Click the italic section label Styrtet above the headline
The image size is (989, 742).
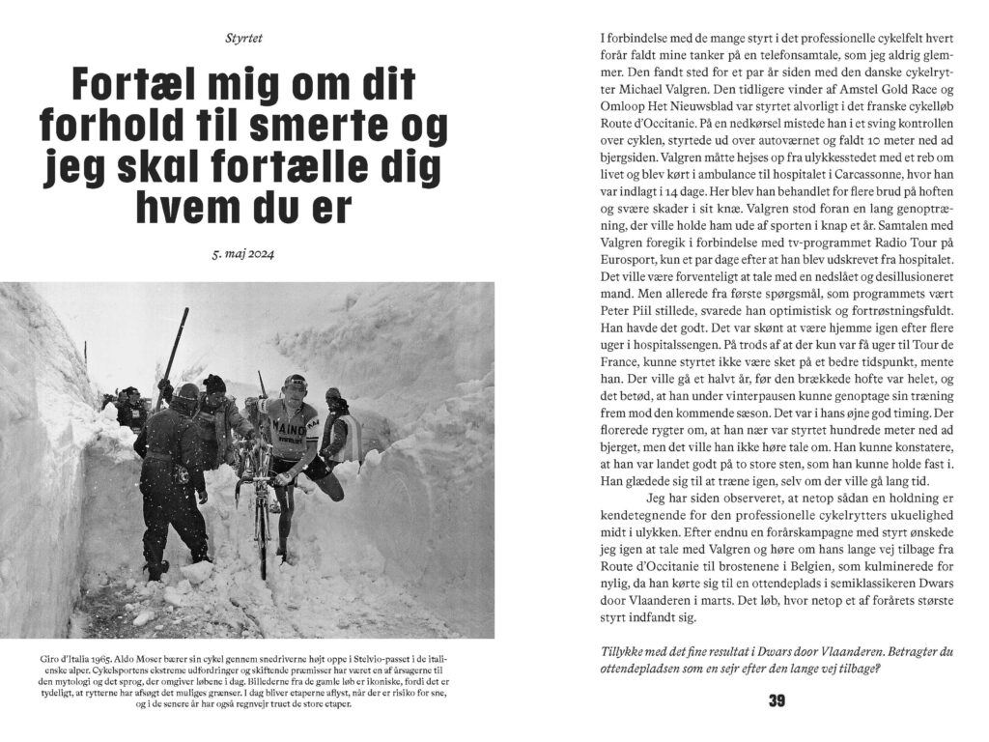click(242, 39)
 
